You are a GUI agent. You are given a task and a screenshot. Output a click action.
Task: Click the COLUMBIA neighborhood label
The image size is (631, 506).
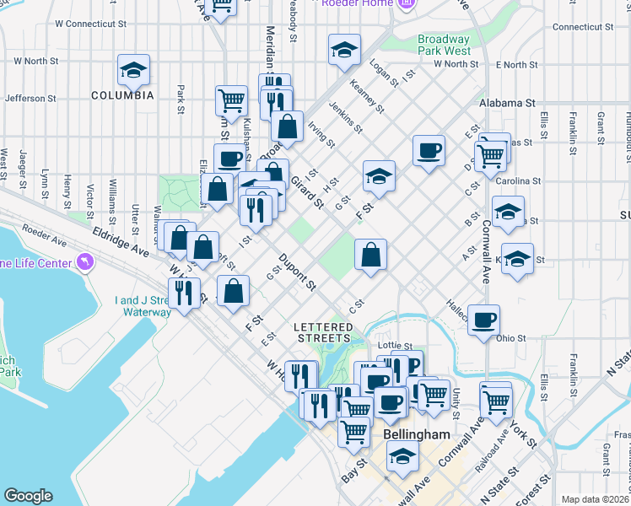click(x=123, y=95)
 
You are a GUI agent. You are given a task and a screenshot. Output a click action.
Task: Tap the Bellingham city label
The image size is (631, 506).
click(x=417, y=434)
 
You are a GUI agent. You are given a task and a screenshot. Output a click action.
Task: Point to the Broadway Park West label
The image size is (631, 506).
click(x=444, y=45)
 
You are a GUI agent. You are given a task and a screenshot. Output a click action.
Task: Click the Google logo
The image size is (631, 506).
click(x=28, y=496)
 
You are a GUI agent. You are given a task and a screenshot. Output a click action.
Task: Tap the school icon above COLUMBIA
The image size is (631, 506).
click(x=132, y=71)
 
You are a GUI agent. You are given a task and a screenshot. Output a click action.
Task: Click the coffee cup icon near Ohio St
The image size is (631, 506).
click(x=484, y=320)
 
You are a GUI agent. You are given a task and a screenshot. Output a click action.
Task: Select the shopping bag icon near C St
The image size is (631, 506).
click(x=370, y=255)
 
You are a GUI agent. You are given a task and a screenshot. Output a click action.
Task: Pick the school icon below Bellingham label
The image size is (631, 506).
click(x=403, y=456)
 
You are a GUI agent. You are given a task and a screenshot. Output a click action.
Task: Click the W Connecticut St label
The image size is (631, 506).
click(x=90, y=25)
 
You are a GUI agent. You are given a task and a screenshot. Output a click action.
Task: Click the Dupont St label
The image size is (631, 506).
click(x=297, y=273)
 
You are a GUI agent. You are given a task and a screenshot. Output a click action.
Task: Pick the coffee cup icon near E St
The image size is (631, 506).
click(x=429, y=151)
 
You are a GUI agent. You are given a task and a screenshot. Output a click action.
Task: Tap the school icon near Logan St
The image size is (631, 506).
click(x=344, y=51)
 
